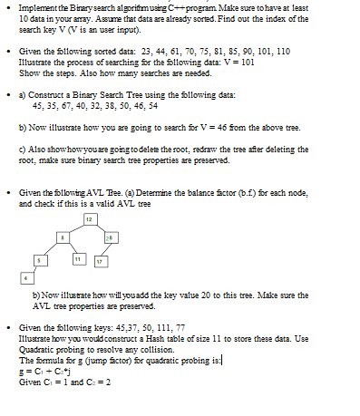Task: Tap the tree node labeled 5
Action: tap(38, 261)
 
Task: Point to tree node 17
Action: tap(99, 262)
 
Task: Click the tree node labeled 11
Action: tap(79, 261)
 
